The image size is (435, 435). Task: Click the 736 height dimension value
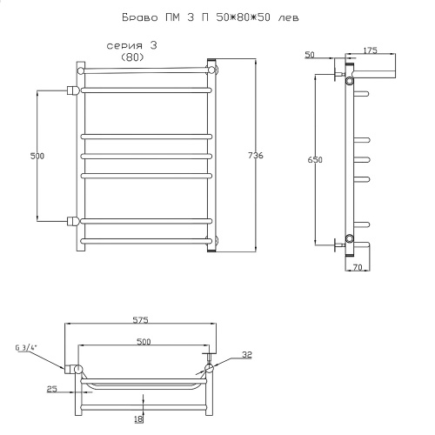tap(256, 156)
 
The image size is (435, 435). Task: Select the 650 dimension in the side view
tap(315, 160)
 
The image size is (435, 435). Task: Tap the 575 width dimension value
tap(141, 320)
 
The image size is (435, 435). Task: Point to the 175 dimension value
tap(371, 50)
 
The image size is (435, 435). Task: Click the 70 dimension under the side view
tap(358, 267)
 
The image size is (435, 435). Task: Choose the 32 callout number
tap(247, 355)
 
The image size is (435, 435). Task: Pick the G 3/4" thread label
tap(27, 347)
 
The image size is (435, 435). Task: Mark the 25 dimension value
tap(52, 389)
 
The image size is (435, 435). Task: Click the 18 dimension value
tap(139, 419)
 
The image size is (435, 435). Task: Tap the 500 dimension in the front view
tap(37, 156)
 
